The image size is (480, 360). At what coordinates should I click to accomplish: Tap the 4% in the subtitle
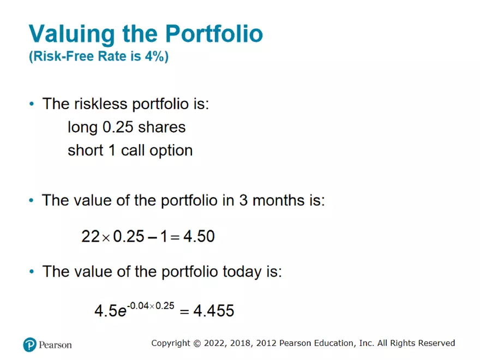(155, 57)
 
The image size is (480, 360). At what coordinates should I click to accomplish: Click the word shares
(162, 127)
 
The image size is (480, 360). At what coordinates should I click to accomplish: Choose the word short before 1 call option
(84, 150)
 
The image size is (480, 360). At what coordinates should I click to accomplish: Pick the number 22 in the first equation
(90, 236)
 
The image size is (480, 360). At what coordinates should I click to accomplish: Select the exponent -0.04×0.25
(149, 306)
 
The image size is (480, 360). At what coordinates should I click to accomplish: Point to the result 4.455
(214, 311)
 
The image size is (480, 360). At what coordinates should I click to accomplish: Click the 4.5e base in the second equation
(107, 311)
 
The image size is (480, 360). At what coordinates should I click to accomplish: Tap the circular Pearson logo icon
(29, 345)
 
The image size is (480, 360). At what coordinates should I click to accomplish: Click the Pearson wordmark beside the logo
(55, 345)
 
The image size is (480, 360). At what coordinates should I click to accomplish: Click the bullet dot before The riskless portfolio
(32, 104)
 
